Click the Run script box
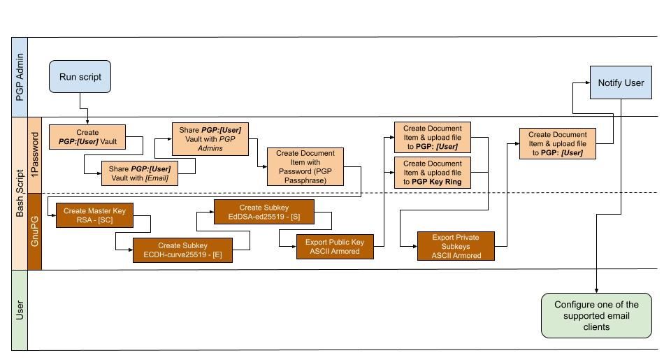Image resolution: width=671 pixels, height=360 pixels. click(80, 76)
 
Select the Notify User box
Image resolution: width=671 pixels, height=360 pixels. click(621, 82)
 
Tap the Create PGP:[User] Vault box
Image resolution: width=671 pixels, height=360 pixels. click(87, 137)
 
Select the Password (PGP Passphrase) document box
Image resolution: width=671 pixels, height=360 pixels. click(305, 166)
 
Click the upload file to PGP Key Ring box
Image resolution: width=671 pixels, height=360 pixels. click(433, 173)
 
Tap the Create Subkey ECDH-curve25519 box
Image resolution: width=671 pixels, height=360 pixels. click(182, 250)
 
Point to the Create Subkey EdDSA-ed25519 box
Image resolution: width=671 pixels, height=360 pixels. click(264, 212)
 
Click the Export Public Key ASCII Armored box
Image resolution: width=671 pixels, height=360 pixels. click(335, 247)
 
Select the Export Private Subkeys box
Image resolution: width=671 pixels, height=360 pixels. click(456, 246)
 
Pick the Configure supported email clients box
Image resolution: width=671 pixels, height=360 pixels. click(596, 315)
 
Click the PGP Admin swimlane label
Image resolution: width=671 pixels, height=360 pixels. click(20, 76)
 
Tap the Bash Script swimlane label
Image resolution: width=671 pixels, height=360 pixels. click(20, 192)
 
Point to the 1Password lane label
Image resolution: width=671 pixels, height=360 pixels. click(34, 154)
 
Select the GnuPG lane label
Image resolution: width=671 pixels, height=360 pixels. click(34, 231)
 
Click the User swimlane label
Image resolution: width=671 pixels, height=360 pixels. click(20, 309)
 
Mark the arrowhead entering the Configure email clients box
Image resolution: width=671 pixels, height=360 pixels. click(596, 290)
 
